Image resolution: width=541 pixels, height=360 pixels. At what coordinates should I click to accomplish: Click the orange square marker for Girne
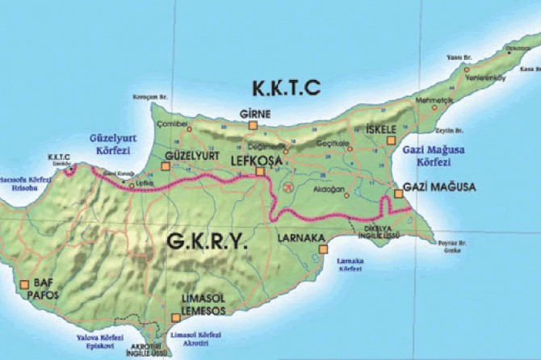pos(254,125)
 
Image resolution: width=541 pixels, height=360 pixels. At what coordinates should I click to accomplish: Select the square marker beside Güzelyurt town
pos(166,166)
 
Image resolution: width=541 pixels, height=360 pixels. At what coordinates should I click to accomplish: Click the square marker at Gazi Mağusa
pos(398,194)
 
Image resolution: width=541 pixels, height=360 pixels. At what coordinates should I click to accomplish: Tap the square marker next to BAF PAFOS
pos(25,283)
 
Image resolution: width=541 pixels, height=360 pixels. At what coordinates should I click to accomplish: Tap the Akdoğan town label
pos(332,189)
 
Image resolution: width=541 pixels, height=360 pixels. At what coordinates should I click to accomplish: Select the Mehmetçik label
pos(430,100)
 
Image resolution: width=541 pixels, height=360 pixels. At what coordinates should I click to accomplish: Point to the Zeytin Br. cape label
pos(447,130)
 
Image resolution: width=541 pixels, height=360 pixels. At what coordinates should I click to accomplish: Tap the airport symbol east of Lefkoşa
pos(287,186)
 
